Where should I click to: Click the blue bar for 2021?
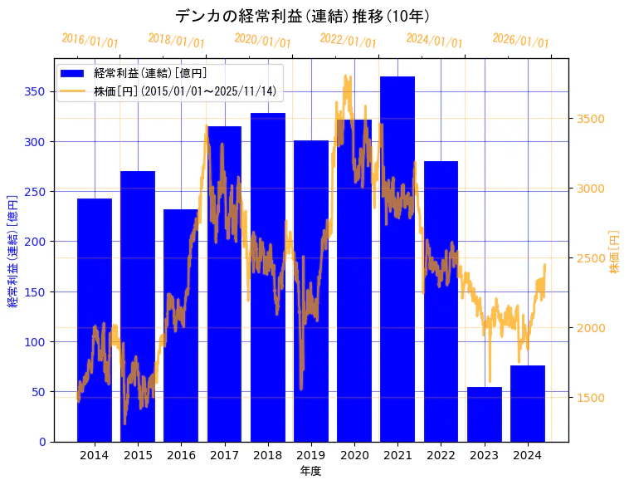click(397, 258)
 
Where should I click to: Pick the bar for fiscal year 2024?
click(528, 403)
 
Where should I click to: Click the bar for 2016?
click(181, 325)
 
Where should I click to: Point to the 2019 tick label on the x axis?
click(311, 455)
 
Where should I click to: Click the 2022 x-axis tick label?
click(441, 455)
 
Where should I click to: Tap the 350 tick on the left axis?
click(34, 91)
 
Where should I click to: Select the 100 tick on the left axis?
click(34, 341)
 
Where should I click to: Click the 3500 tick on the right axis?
click(591, 119)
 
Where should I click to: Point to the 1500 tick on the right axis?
click(591, 398)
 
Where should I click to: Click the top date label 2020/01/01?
click(262, 41)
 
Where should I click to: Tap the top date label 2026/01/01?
click(520, 41)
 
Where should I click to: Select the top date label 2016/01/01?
click(90, 41)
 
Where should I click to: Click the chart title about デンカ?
click(302, 16)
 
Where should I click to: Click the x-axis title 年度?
click(310, 471)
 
